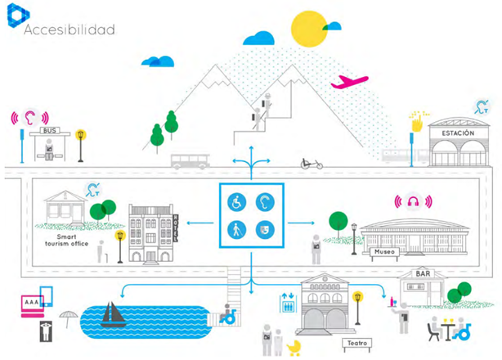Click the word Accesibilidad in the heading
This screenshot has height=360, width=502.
(69, 29)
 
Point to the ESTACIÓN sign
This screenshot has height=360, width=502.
(457, 133)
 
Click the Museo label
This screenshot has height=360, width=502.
(384, 253)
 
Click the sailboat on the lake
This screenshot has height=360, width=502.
(112, 315)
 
